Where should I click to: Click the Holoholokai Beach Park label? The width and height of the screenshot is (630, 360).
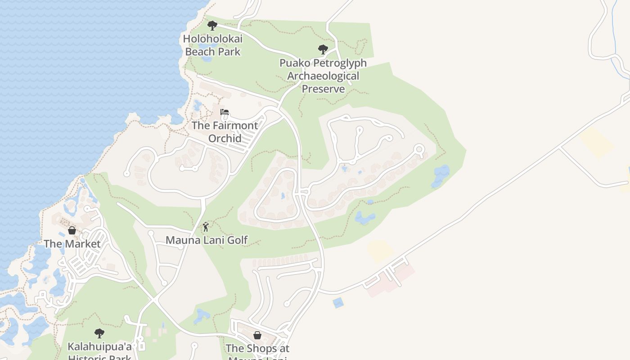pyautogui.click(x=212, y=45)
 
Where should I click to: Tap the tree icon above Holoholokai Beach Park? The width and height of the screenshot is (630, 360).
pyautogui.click(x=212, y=26)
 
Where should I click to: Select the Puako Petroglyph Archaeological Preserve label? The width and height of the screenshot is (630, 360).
pyautogui.click(x=323, y=76)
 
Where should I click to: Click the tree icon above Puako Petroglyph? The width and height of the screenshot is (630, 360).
pyautogui.click(x=323, y=49)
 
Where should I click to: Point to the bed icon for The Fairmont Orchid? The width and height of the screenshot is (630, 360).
pyautogui.click(x=225, y=112)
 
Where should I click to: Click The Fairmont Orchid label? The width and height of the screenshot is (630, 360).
pyautogui.click(x=225, y=131)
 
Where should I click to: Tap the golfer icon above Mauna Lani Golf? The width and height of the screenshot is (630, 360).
pyautogui.click(x=206, y=227)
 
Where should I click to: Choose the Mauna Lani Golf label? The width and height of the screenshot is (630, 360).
pyautogui.click(x=207, y=240)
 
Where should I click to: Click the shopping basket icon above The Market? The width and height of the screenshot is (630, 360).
pyautogui.click(x=72, y=230)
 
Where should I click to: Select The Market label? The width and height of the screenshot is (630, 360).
pyautogui.click(x=72, y=243)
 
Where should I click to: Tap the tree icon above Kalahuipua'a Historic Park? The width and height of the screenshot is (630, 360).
pyautogui.click(x=99, y=333)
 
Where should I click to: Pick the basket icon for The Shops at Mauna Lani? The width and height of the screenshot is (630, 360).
pyautogui.click(x=257, y=335)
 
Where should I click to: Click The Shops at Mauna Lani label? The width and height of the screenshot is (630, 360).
pyautogui.click(x=257, y=351)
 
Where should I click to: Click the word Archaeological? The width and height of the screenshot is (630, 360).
pyautogui.click(x=323, y=76)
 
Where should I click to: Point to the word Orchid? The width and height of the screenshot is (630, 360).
pyautogui.click(x=225, y=138)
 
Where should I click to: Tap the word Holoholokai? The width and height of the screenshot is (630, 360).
pyautogui.click(x=212, y=39)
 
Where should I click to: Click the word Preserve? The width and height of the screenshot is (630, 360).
pyautogui.click(x=323, y=89)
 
